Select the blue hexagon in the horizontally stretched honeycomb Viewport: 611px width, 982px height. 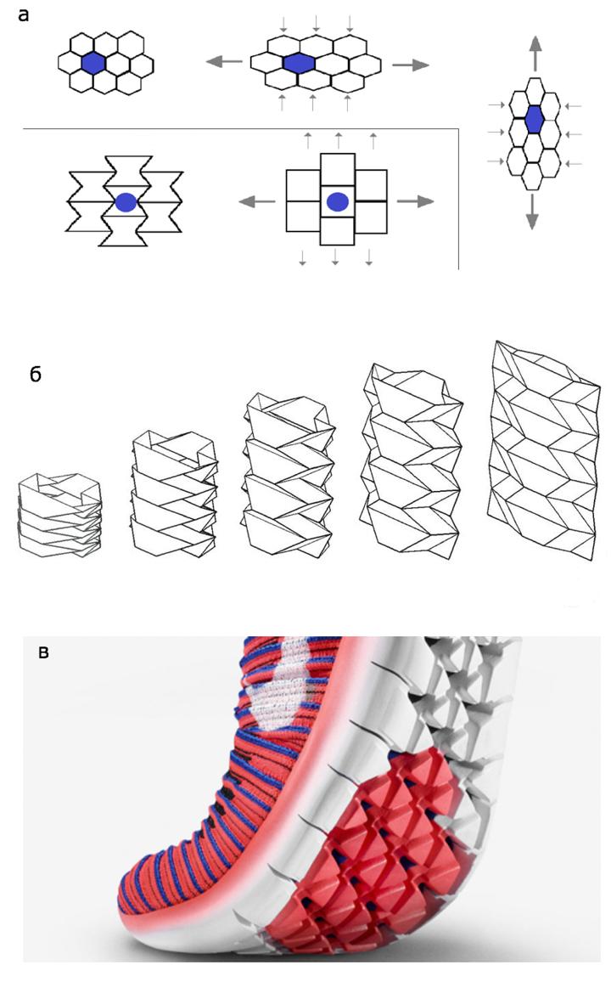click(x=298, y=62)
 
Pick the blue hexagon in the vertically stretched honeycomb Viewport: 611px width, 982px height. click(x=533, y=121)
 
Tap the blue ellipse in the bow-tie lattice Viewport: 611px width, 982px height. click(x=126, y=202)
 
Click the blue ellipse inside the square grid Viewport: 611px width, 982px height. click(x=337, y=201)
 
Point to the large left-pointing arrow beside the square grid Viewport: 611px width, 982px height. click(x=255, y=201)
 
